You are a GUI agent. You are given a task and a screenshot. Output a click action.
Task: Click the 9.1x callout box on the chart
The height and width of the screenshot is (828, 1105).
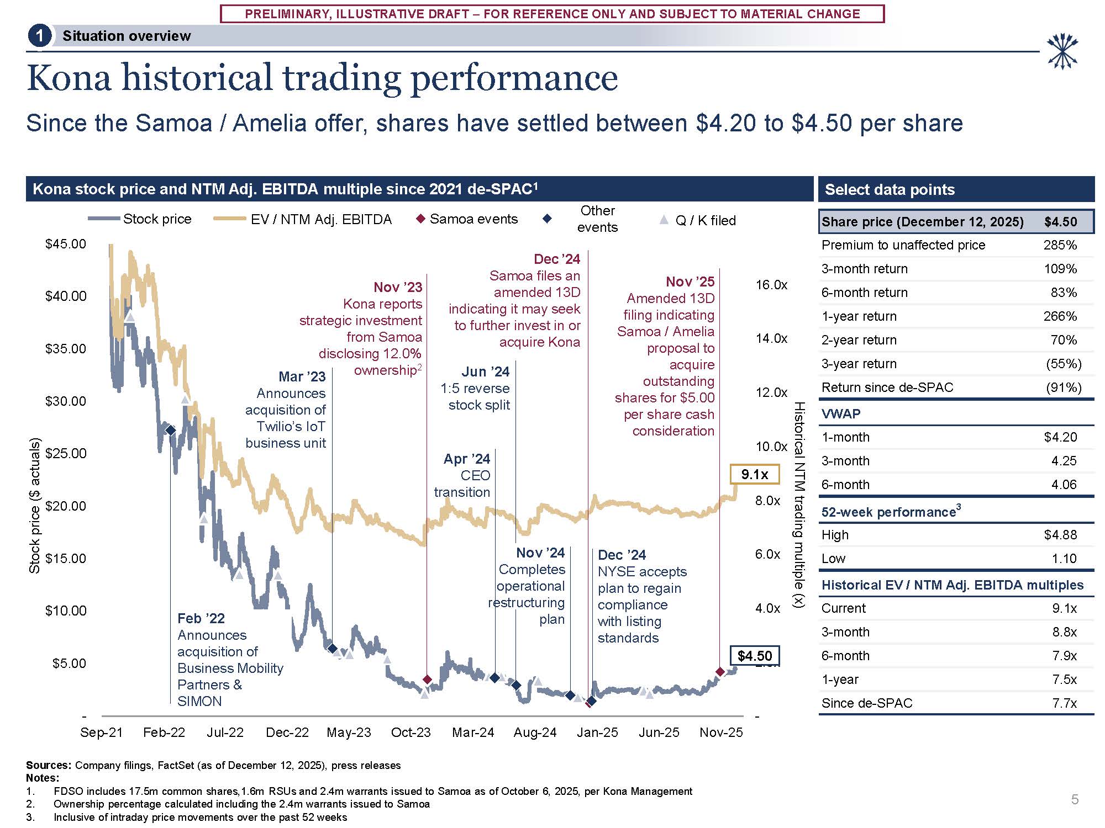[754, 474]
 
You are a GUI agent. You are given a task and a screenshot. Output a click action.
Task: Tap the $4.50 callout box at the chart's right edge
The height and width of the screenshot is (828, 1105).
[754, 656]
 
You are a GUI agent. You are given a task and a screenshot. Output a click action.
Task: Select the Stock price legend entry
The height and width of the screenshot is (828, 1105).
[140, 219]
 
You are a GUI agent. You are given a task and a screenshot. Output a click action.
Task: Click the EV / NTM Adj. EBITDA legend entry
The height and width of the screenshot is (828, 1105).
[303, 220]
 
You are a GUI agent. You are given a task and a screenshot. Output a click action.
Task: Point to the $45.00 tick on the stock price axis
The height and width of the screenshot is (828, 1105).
[66, 244]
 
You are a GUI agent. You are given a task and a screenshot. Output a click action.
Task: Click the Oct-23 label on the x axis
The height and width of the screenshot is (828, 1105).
[411, 733]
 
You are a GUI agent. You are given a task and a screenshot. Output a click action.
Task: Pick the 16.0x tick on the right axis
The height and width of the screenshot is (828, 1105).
[771, 285]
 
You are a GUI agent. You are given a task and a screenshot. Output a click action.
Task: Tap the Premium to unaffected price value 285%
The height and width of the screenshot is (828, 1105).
[1060, 245]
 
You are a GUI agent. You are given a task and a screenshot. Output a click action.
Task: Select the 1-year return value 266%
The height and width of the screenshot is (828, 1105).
[1060, 316]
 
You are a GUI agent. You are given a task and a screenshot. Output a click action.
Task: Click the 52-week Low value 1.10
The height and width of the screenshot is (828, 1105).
[1064, 559]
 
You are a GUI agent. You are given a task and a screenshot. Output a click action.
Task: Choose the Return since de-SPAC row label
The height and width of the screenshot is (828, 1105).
[887, 388]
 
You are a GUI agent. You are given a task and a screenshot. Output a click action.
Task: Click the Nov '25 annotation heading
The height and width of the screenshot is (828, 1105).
[690, 282]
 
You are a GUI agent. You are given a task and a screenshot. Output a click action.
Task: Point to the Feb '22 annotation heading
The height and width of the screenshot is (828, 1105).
[201, 618]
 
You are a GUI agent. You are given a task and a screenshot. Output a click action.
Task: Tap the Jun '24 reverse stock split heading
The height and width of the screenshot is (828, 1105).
[485, 372]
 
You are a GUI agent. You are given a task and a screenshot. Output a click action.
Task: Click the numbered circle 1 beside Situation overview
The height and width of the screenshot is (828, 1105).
[39, 36]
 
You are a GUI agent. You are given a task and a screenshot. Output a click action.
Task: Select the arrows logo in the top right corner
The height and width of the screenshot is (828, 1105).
[1062, 51]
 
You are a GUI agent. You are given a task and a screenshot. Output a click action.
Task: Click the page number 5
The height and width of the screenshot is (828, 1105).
[1075, 799]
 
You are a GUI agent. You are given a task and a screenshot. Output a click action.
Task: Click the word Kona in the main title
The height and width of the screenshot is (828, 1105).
[69, 78]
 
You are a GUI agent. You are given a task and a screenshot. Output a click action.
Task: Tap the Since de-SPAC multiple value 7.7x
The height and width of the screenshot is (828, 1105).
[1064, 703]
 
